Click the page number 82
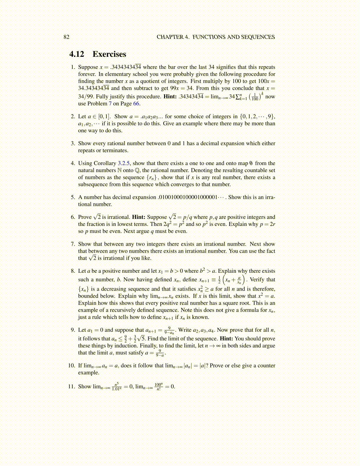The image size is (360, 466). [x=66, y=37]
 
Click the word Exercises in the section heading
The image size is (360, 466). [x=109, y=54]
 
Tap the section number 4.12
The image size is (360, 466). [x=77, y=54]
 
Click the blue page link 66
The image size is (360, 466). [x=136, y=104]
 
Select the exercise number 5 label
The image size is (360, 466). [x=73, y=197]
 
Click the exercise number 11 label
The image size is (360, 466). [x=71, y=386]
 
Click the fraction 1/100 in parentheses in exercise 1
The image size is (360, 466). [x=255, y=97]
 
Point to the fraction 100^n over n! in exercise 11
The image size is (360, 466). [x=159, y=387]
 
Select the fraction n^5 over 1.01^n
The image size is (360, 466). [x=117, y=387]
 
